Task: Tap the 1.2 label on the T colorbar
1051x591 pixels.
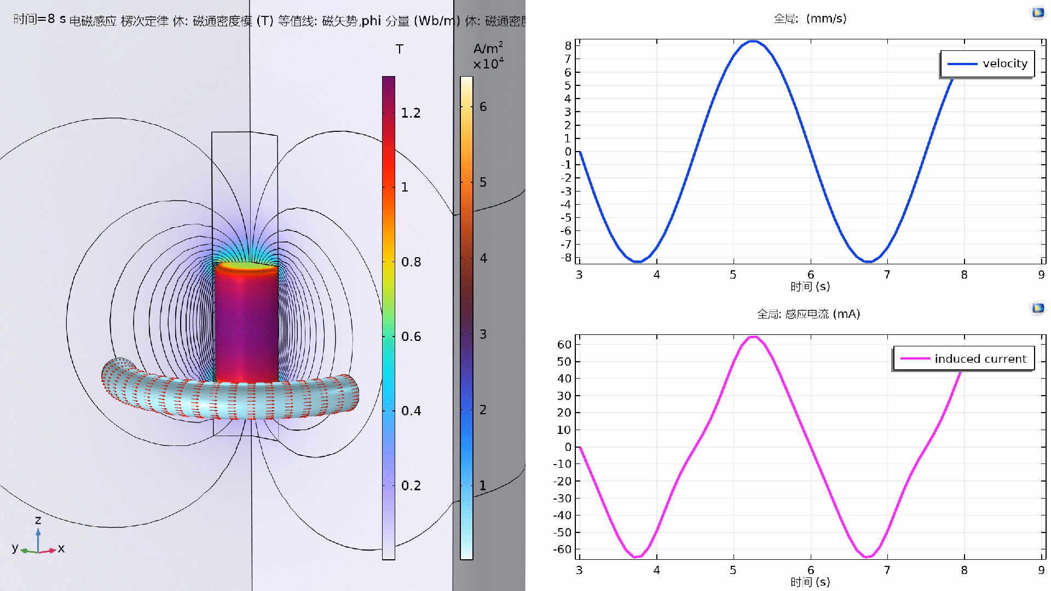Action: tap(411, 113)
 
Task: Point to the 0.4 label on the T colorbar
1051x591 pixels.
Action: tap(411, 411)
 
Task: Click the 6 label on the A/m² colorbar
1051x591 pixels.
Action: tap(483, 107)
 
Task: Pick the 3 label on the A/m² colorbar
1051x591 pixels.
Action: tap(483, 334)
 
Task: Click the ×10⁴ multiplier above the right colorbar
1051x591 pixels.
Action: tap(488, 64)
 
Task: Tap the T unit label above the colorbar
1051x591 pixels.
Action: tap(400, 49)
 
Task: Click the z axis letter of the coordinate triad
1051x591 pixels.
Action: tap(38, 520)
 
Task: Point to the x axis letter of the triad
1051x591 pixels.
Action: tap(61, 548)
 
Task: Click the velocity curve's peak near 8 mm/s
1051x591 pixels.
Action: tap(753, 41)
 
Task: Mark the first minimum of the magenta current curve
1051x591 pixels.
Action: tap(636, 557)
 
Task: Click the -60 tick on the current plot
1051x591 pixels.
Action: tap(564, 549)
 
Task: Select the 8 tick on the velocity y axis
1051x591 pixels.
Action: tap(568, 45)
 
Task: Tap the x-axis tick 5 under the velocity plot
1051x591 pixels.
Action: tap(733, 275)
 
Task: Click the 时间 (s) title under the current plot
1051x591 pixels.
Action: tap(810, 582)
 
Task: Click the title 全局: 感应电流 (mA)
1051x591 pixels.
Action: tap(809, 314)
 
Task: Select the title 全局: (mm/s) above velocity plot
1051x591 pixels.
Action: tap(810, 19)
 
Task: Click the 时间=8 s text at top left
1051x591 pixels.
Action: tap(39, 19)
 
